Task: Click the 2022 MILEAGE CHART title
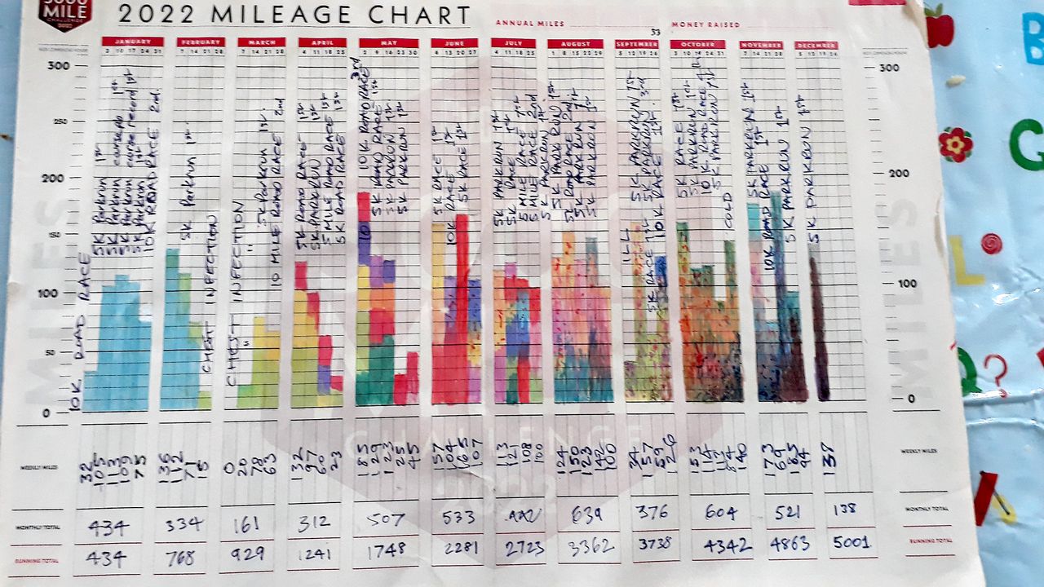pos(294,15)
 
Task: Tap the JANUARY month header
pos(132,42)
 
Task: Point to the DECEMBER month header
pos(816,46)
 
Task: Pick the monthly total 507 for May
pos(383,519)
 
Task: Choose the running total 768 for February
pos(185,557)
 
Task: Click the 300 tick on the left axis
pos(58,66)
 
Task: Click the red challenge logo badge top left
pos(65,11)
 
